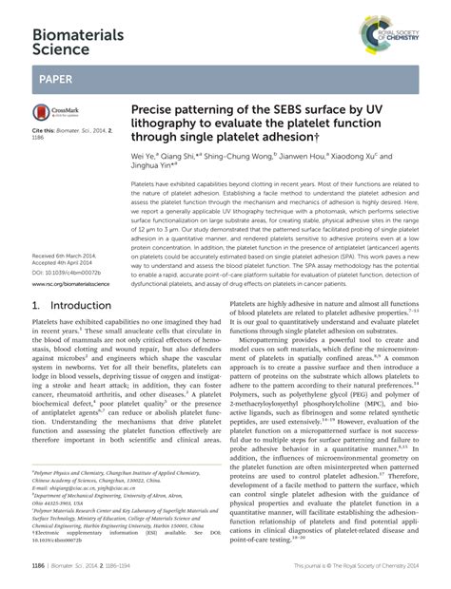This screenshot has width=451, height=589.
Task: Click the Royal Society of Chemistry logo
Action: (401, 24)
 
